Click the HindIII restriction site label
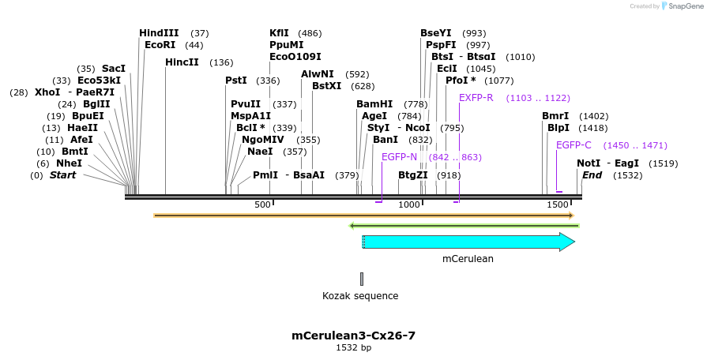(x=158, y=33)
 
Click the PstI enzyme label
(x=236, y=80)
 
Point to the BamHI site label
(x=374, y=103)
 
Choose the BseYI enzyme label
(x=436, y=33)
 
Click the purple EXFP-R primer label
(x=476, y=97)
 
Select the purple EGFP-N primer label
(x=399, y=156)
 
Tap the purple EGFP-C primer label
(x=573, y=144)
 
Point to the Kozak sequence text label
(x=360, y=296)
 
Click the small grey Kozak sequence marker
(x=362, y=279)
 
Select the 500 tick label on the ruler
(x=263, y=205)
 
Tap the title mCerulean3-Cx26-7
(x=353, y=336)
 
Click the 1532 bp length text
(x=353, y=347)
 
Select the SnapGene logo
(x=680, y=6)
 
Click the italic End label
(x=592, y=175)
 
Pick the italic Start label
(x=63, y=175)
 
